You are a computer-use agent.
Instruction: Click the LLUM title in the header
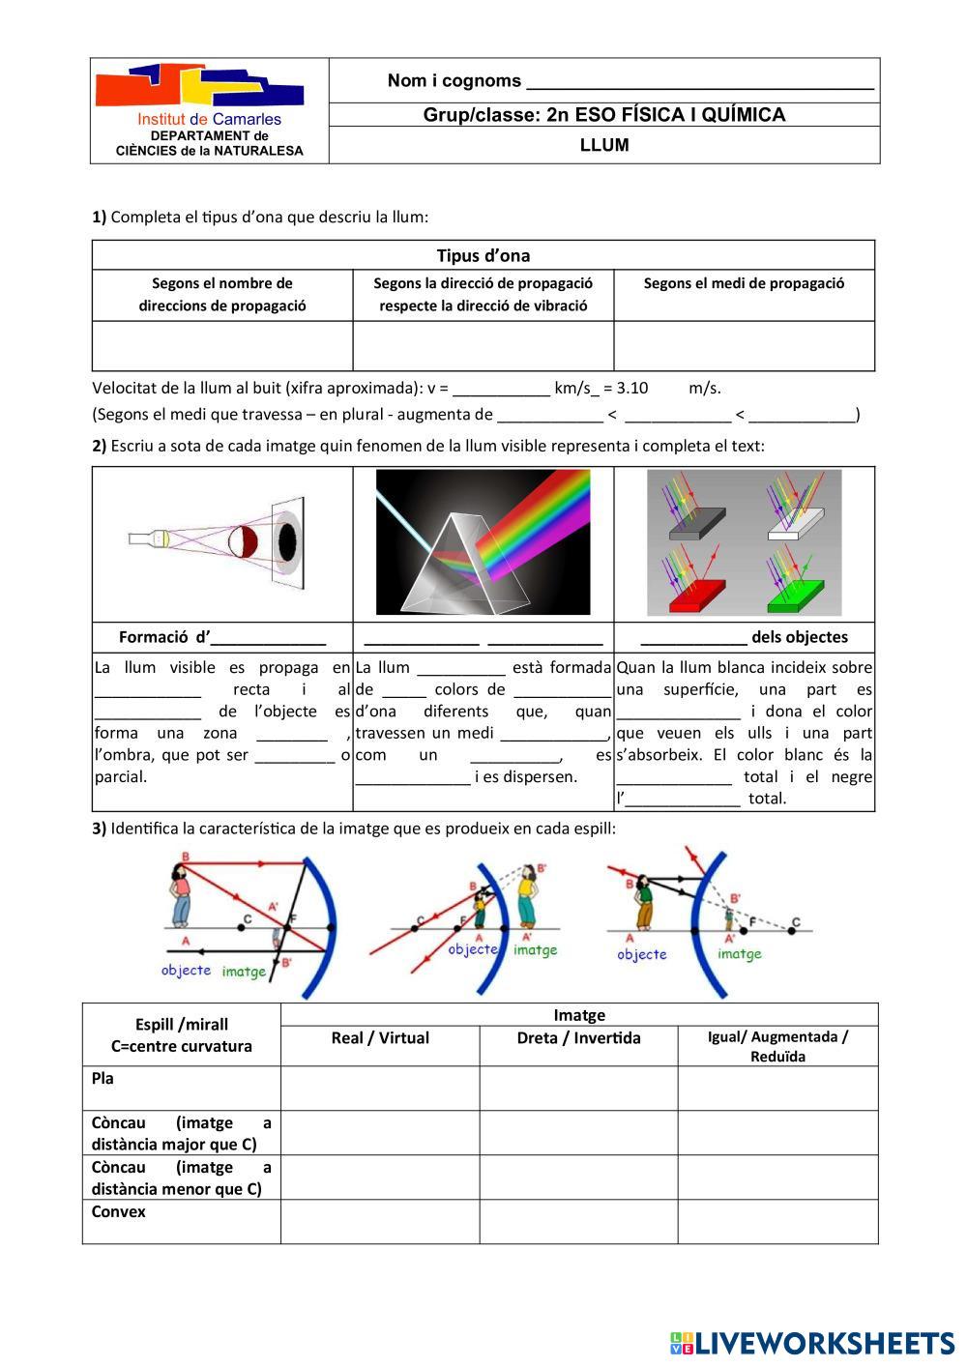(x=604, y=146)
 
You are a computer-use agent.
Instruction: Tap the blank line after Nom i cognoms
(x=699, y=82)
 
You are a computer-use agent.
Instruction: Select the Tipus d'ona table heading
(x=483, y=256)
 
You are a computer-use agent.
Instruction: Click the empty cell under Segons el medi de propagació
(x=744, y=346)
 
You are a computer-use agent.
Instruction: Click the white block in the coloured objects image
(x=795, y=522)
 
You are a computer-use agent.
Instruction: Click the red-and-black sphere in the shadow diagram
(x=241, y=541)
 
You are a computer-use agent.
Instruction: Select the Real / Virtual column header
(x=380, y=1038)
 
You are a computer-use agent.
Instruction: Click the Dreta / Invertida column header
(x=578, y=1038)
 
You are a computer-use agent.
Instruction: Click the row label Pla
(x=103, y=1079)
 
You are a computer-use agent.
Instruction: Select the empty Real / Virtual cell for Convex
(x=380, y=1222)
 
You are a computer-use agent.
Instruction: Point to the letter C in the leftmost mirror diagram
(x=249, y=919)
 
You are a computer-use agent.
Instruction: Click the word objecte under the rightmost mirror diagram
(x=642, y=954)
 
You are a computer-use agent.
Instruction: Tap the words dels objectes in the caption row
(x=799, y=637)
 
